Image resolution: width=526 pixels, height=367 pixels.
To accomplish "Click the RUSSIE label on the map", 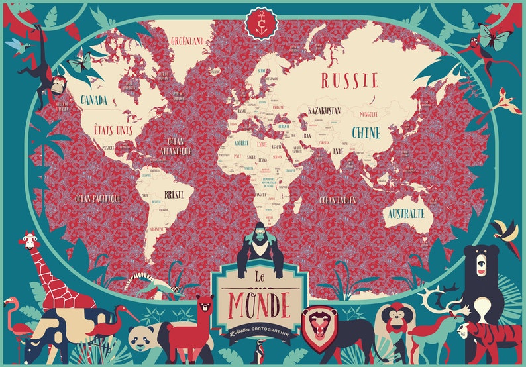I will (x=349, y=81).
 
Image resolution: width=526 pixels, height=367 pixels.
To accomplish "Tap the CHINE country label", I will (x=366, y=132).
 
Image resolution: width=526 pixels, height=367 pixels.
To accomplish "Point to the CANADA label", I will (x=95, y=99).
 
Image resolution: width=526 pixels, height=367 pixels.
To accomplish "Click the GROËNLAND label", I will (x=188, y=40).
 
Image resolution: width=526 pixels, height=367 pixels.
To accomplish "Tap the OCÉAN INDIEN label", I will (x=337, y=199).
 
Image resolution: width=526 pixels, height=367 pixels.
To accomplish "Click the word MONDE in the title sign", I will (x=259, y=303).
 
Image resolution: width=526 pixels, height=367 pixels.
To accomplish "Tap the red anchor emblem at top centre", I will (x=262, y=23).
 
